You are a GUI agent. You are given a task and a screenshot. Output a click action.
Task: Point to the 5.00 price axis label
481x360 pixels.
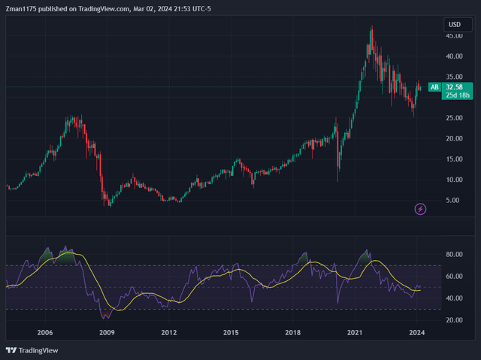click(x=455, y=200)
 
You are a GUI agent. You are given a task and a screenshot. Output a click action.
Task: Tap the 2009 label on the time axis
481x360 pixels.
click(x=107, y=332)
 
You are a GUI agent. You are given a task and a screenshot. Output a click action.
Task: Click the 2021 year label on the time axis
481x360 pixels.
click(x=355, y=332)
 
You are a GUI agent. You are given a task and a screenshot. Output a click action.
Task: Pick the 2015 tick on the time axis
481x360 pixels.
click(x=231, y=332)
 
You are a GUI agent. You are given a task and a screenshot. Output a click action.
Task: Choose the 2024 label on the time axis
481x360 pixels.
click(x=418, y=332)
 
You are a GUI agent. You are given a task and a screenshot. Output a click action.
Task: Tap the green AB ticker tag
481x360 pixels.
click(x=434, y=87)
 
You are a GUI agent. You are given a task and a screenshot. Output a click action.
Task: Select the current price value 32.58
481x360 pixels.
click(x=456, y=87)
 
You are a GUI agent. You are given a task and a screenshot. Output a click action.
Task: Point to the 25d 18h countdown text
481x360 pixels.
click(x=456, y=95)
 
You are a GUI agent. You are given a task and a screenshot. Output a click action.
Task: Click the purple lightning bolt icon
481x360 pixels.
click(x=421, y=208)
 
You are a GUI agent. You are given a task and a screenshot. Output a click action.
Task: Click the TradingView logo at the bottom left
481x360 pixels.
click(x=32, y=350)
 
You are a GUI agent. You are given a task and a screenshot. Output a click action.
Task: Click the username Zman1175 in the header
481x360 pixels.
click(x=24, y=9)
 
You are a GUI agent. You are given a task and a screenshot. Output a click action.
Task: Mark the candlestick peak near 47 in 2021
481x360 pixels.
click(x=371, y=27)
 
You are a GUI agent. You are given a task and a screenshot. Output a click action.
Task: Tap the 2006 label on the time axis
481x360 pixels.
click(x=45, y=332)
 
